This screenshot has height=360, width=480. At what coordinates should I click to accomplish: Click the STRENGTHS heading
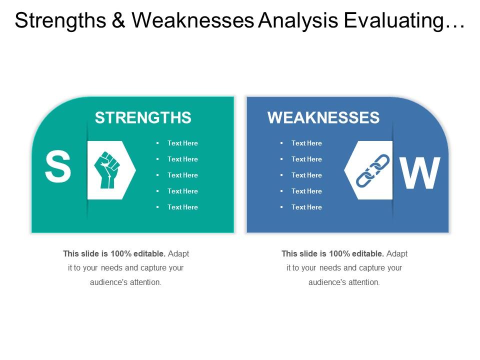(143, 117)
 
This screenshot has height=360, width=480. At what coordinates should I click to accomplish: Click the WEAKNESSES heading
(323, 117)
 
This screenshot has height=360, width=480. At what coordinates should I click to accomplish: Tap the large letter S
(57, 168)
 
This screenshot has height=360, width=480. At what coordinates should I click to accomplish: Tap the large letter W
(420, 173)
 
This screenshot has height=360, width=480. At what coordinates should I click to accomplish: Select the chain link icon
(372, 170)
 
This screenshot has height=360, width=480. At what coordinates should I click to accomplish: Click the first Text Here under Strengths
(182, 143)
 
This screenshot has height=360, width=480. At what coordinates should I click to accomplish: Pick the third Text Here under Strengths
(182, 175)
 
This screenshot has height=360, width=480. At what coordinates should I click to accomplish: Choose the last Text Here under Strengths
(182, 207)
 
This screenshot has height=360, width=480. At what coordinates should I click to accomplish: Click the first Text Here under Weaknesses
(306, 143)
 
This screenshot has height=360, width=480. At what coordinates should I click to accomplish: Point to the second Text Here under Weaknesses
(306, 159)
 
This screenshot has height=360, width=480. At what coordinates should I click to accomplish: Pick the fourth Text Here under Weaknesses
(306, 191)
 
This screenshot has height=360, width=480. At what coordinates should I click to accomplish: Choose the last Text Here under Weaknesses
(306, 207)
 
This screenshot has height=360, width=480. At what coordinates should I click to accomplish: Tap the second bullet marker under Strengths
(157, 159)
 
